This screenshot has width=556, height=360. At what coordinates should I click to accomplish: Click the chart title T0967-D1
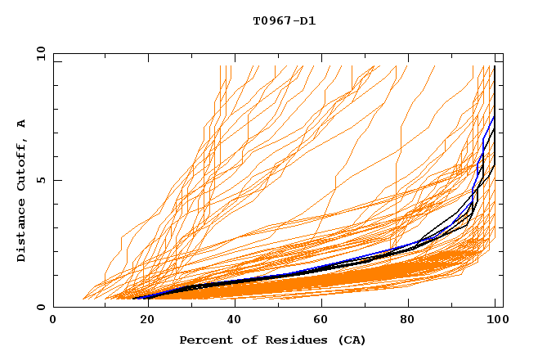284,21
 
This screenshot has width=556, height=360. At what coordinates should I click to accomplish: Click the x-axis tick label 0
53,320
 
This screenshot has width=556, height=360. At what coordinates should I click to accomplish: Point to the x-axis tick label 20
142,320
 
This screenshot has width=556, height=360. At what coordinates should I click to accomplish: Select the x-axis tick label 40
231,320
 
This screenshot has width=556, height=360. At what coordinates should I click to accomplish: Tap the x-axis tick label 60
321,320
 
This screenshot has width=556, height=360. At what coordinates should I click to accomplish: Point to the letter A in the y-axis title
22,124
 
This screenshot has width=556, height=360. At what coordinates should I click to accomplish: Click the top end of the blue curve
494,116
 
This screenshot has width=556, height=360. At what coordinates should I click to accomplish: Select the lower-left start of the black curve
133,299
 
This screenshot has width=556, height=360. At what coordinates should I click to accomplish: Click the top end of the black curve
495,65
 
